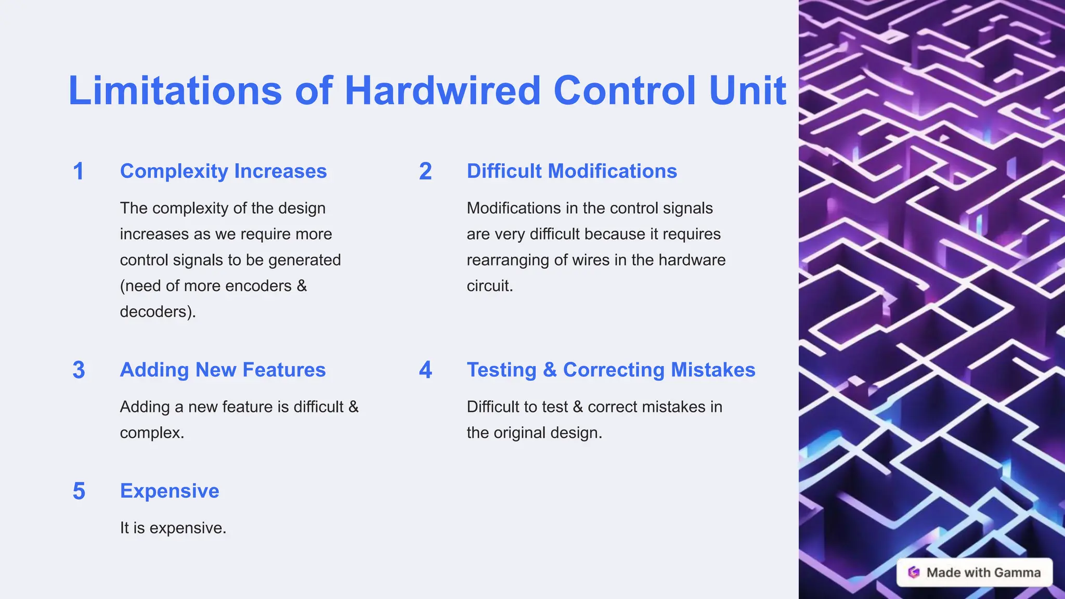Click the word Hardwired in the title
443,91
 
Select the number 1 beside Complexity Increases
79,172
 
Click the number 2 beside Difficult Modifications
425,172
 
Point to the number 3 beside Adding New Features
79,370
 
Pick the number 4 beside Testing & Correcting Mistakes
425,370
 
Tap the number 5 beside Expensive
79,491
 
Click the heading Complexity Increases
223,172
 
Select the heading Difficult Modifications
572,172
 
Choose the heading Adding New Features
223,370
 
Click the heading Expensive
170,491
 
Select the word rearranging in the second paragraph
508,260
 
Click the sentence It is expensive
173,528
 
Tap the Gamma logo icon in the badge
914,572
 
